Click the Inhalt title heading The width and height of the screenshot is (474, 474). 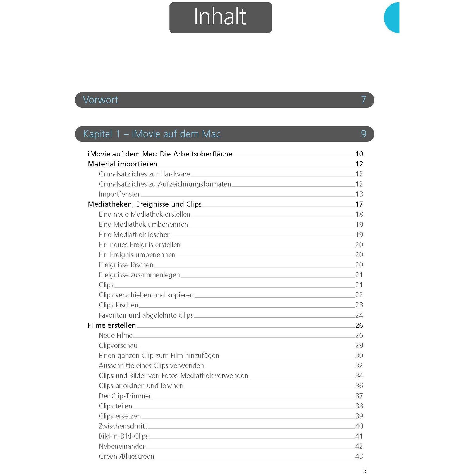pos(220,17)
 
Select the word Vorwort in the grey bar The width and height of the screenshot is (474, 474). pos(100,100)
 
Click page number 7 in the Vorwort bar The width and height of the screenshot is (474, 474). pos(363,100)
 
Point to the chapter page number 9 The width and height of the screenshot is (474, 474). pos(363,134)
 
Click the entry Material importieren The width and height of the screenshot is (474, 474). pos(123,164)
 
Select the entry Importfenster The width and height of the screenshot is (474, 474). pos(119,194)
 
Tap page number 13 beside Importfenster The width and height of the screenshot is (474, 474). pos(359,194)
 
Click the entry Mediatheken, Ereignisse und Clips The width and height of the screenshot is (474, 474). pos(145,204)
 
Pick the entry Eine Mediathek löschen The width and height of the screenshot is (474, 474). pos(135,234)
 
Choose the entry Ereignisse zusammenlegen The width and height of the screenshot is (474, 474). pos(139,275)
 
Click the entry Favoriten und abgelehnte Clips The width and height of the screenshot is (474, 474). pos(146,315)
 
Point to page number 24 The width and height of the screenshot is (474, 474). pos(359,315)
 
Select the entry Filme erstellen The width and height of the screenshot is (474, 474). pos(112,325)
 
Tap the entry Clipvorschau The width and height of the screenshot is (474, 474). pos(118,345)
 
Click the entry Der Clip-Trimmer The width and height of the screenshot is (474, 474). pos(125,396)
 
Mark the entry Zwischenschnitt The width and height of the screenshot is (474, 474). pos(123,426)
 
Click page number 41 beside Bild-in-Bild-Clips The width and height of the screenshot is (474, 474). pos(359,436)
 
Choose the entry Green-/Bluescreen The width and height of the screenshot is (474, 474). pos(126,456)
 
